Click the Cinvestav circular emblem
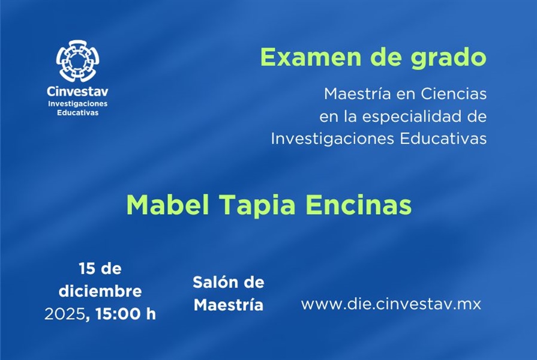78,61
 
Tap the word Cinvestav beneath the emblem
77,91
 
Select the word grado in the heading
449,58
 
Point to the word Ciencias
454,94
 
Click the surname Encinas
358,205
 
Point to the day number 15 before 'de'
87,269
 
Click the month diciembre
100,291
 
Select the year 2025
65,314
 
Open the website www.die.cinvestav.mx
391,304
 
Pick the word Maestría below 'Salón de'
229,305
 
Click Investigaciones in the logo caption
78,104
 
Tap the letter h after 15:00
151,314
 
